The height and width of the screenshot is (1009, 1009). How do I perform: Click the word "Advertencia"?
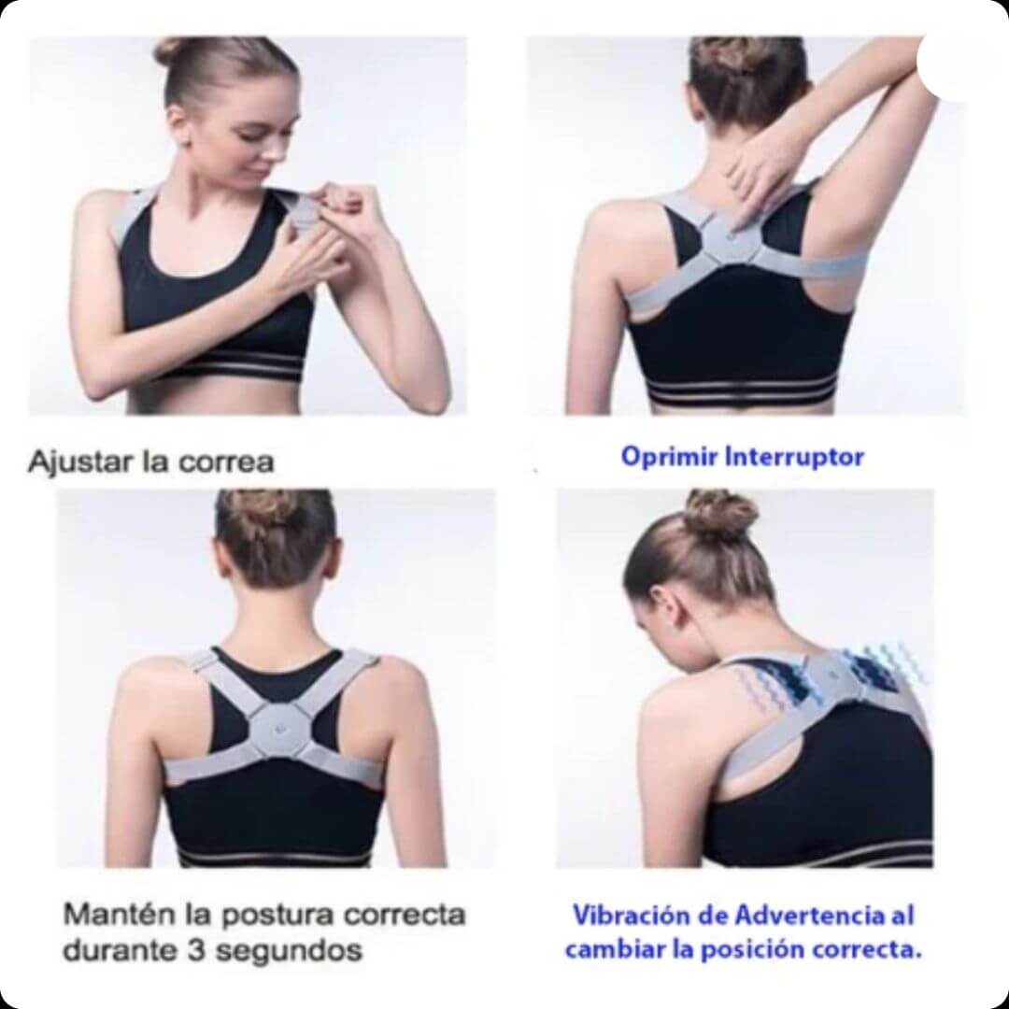(793, 915)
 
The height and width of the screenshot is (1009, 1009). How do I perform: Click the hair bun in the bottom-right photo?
(720, 515)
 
